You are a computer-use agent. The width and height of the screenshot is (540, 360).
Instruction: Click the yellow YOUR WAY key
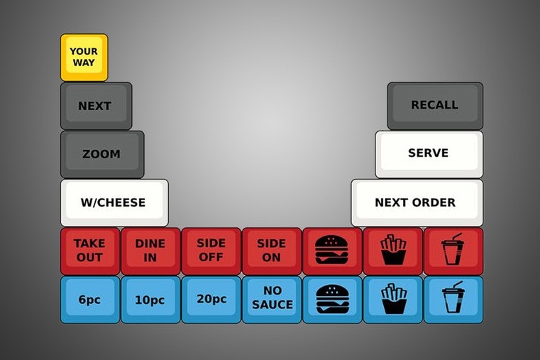[84, 57]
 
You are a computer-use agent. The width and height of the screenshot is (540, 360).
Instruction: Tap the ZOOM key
[101, 153]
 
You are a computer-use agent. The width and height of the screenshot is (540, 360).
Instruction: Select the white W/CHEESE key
[114, 202]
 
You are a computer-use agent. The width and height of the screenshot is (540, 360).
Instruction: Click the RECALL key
[434, 105]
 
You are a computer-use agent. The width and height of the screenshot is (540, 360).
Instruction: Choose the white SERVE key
[429, 153]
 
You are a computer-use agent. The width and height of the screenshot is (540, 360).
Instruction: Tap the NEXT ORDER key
[416, 202]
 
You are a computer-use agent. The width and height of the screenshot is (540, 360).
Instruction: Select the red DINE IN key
[150, 250]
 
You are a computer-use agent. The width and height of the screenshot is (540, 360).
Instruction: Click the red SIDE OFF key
[211, 250]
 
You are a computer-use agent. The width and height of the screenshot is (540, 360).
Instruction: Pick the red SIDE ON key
[271, 250]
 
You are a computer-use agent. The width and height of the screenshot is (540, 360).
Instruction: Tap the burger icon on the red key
[331, 250]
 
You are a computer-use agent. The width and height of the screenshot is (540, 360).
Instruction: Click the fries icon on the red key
[392, 250]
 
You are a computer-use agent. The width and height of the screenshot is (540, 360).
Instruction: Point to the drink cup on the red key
[452, 249]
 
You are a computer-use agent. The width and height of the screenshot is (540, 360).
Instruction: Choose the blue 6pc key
[89, 299]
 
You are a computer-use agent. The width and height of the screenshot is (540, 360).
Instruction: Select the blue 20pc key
[211, 299]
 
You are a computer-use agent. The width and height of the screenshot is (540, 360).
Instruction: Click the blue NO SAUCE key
[271, 299]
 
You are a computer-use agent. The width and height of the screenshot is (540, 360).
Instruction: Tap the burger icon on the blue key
[331, 299]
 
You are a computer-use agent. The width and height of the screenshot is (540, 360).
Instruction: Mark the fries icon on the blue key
[392, 299]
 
